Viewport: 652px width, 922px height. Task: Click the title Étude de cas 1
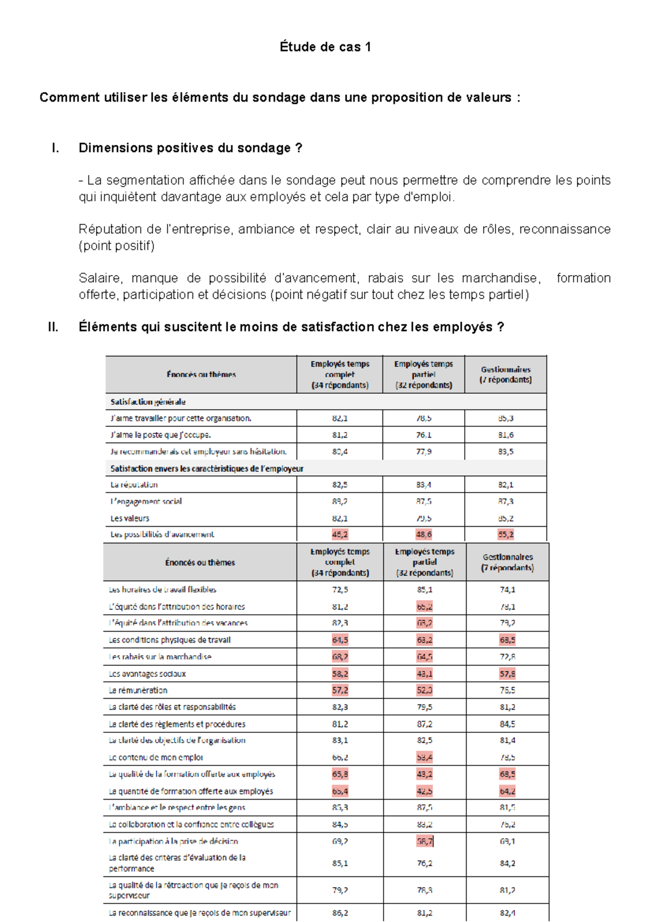coord(325,47)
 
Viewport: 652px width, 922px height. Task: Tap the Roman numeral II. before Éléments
coord(53,327)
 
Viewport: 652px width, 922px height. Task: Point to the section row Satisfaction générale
coord(148,402)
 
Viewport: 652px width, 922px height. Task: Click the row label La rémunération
coord(138,690)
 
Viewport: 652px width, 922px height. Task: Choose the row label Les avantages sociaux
coord(147,674)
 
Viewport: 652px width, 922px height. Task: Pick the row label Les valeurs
coord(130,518)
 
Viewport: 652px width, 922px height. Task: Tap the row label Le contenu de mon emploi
coord(156,757)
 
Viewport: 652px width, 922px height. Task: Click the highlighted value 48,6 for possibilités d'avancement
coord(424,534)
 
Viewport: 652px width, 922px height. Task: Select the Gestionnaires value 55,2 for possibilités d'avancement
coord(505,534)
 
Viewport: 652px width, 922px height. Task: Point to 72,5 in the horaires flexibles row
coord(340,589)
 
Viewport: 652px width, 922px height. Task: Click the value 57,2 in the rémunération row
coord(340,690)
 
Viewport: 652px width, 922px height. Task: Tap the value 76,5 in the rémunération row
coord(507,690)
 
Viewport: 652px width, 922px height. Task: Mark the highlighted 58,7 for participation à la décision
coord(424,841)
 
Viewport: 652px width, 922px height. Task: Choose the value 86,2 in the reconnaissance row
coord(340,913)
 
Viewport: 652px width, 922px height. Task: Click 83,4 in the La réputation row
coord(424,484)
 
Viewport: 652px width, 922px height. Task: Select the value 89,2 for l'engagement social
coord(340,501)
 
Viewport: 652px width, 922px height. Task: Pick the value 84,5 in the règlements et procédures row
coord(507,724)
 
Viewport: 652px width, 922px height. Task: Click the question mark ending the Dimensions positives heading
coord(298,148)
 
